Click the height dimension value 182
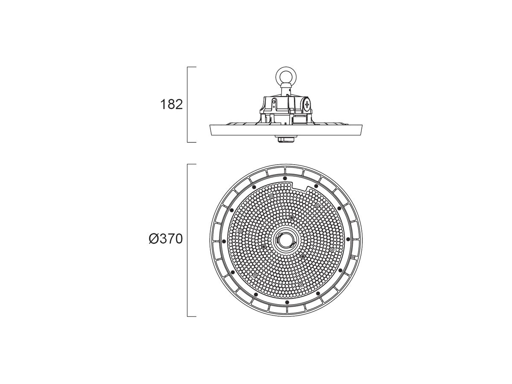[171, 105]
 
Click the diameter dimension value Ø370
[166, 239]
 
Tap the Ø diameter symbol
[154, 239]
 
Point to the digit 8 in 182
[171, 105]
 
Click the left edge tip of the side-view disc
[210, 125]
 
